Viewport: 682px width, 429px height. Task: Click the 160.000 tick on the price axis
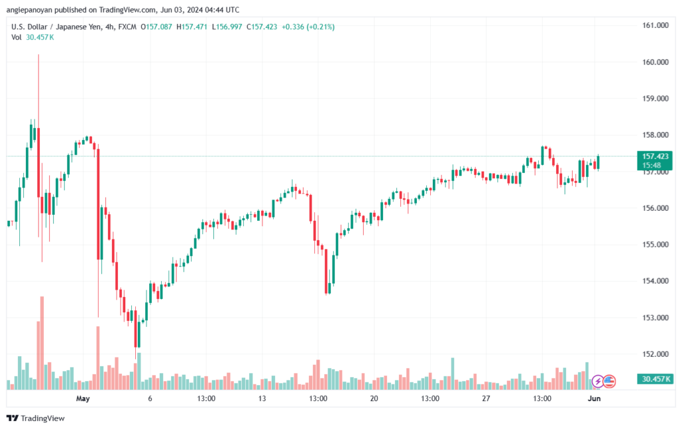[655, 62]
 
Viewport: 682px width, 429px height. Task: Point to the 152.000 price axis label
[655, 354]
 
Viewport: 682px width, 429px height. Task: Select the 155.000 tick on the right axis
[655, 244]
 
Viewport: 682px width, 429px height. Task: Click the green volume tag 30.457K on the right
[655, 379]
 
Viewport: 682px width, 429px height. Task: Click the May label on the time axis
[83, 398]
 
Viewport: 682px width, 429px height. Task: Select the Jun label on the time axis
[594, 398]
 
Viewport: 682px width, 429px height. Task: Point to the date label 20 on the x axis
[374, 398]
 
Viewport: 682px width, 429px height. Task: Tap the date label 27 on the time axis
[486, 398]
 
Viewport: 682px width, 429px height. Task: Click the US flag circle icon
[609, 382]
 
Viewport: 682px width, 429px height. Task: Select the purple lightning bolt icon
[598, 382]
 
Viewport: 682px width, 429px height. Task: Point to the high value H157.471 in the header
[192, 27]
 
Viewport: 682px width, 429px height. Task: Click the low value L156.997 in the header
[227, 27]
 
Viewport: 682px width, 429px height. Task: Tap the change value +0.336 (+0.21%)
[308, 27]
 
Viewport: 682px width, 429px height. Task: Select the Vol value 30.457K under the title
[40, 37]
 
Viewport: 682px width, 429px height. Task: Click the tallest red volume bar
[42, 343]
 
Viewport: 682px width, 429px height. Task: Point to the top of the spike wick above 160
[38, 55]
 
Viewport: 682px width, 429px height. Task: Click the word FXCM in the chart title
[127, 27]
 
